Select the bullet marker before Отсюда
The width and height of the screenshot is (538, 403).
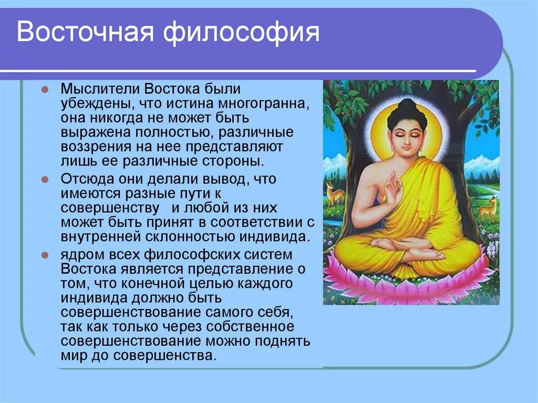45,180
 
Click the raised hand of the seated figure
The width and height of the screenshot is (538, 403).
392,190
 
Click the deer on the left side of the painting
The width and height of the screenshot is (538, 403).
335,194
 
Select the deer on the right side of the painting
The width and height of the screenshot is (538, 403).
489,207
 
